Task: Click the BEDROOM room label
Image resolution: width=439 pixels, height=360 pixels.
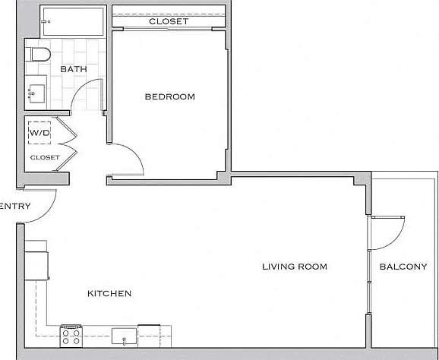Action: tap(169, 97)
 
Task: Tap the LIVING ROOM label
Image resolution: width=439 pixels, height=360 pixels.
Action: tap(295, 267)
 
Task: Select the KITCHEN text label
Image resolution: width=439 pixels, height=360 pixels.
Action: tap(109, 293)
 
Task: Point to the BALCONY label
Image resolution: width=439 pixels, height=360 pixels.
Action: tap(403, 267)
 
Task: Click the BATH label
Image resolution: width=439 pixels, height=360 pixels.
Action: tap(74, 69)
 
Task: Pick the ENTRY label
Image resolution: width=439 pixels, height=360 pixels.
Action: tap(15, 207)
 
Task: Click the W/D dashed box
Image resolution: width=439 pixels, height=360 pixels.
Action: tap(39, 133)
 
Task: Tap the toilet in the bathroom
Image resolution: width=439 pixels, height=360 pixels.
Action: tap(37, 55)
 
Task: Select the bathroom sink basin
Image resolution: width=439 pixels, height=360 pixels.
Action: tap(37, 93)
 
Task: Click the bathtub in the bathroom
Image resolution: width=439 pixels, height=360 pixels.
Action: tap(74, 21)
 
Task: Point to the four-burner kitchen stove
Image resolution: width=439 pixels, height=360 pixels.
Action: tap(71, 336)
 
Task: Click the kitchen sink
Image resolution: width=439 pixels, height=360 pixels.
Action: tap(125, 336)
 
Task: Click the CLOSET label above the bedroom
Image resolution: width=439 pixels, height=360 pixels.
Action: tap(169, 21)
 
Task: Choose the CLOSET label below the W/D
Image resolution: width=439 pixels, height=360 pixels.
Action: tap(45, 158)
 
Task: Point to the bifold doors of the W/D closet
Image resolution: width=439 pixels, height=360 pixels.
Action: tap(67, 144)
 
